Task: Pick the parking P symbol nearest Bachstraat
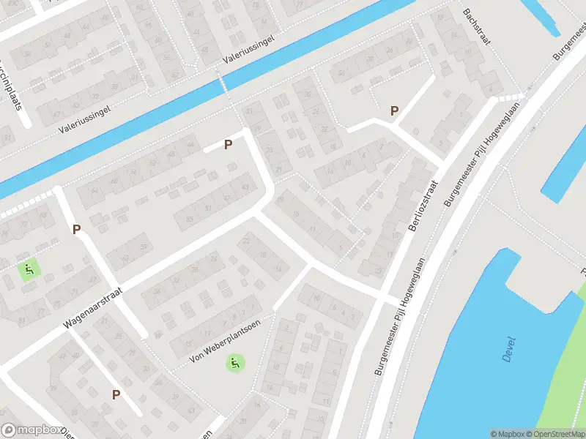pos(394,111)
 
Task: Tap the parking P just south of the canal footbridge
pos(228,144)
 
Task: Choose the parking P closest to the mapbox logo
pos(116,394)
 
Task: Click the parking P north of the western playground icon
pos(76,229)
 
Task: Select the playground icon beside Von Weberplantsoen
pos(234,361)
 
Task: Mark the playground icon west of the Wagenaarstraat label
pos(29,270)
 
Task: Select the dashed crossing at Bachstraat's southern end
pos(510,97)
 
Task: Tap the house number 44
pos(192,146)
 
